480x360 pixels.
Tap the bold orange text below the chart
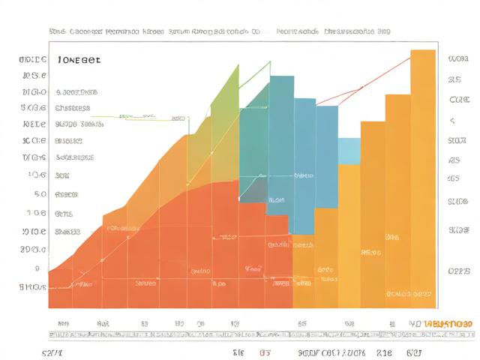(448, 323)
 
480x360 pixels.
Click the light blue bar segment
(349, 150)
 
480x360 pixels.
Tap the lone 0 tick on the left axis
(36, 268)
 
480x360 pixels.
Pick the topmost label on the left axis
(34, 58)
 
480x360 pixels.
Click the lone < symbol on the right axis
(452, 120)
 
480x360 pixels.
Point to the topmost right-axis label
(457, 58)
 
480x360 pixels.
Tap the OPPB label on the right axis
(458, 271)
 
